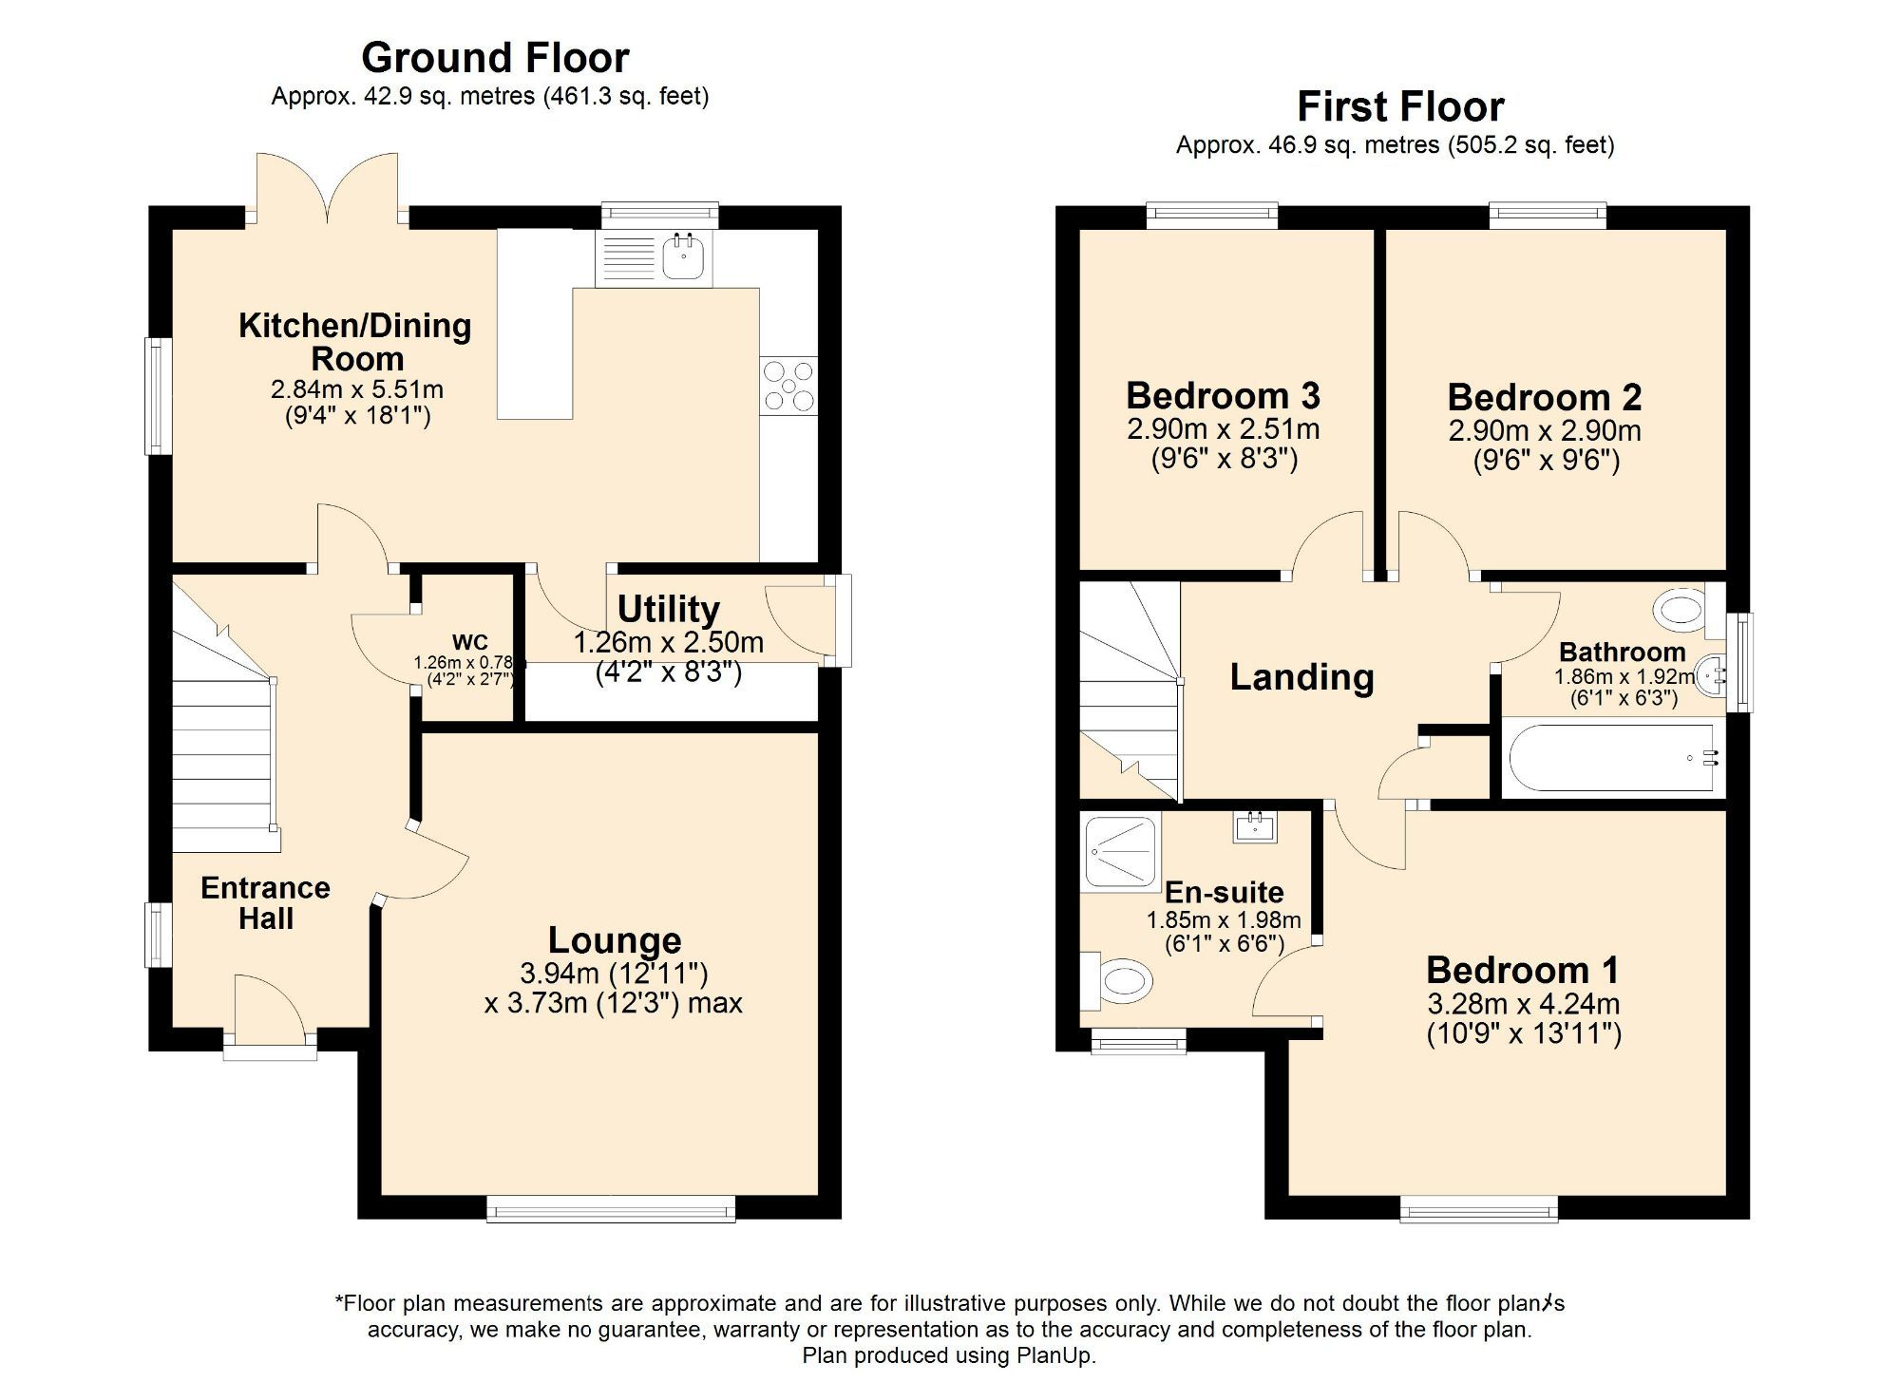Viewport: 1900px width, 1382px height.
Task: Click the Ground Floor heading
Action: coord(495,58)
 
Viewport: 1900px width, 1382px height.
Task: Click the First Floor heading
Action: coord(1400,106)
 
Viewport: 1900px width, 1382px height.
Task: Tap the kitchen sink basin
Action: coord(682,256)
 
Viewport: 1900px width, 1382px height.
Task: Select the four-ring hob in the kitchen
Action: coord(788,386)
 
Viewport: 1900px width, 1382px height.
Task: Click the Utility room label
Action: coord(668,609)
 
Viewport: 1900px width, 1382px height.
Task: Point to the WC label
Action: coord(469,642)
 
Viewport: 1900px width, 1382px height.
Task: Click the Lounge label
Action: coord(615,939)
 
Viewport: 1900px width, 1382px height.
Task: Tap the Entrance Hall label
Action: coord(265,902)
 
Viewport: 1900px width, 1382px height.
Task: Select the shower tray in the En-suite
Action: coord(1121,851)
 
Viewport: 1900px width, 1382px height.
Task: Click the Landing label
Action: coord(1301,677)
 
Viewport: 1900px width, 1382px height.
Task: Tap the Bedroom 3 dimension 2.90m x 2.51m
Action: coord(1223,429)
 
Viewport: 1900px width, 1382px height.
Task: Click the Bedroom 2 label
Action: coord(1544,397)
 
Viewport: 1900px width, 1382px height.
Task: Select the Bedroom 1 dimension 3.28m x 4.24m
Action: coord(1523,1004)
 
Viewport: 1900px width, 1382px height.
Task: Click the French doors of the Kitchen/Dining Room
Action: coord(328,190)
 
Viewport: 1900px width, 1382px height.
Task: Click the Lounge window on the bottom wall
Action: coord(611,1209)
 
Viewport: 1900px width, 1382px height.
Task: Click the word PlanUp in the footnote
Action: coord(1054,1355)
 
